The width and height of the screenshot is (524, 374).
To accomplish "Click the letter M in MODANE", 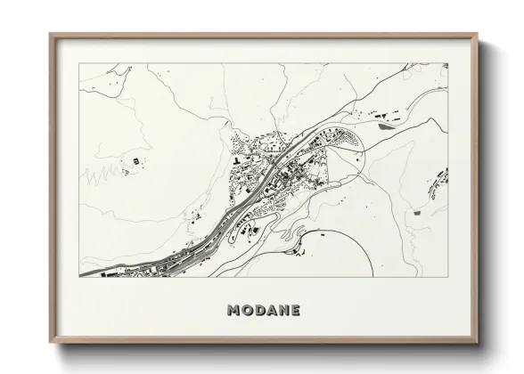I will [x=234, y=311].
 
